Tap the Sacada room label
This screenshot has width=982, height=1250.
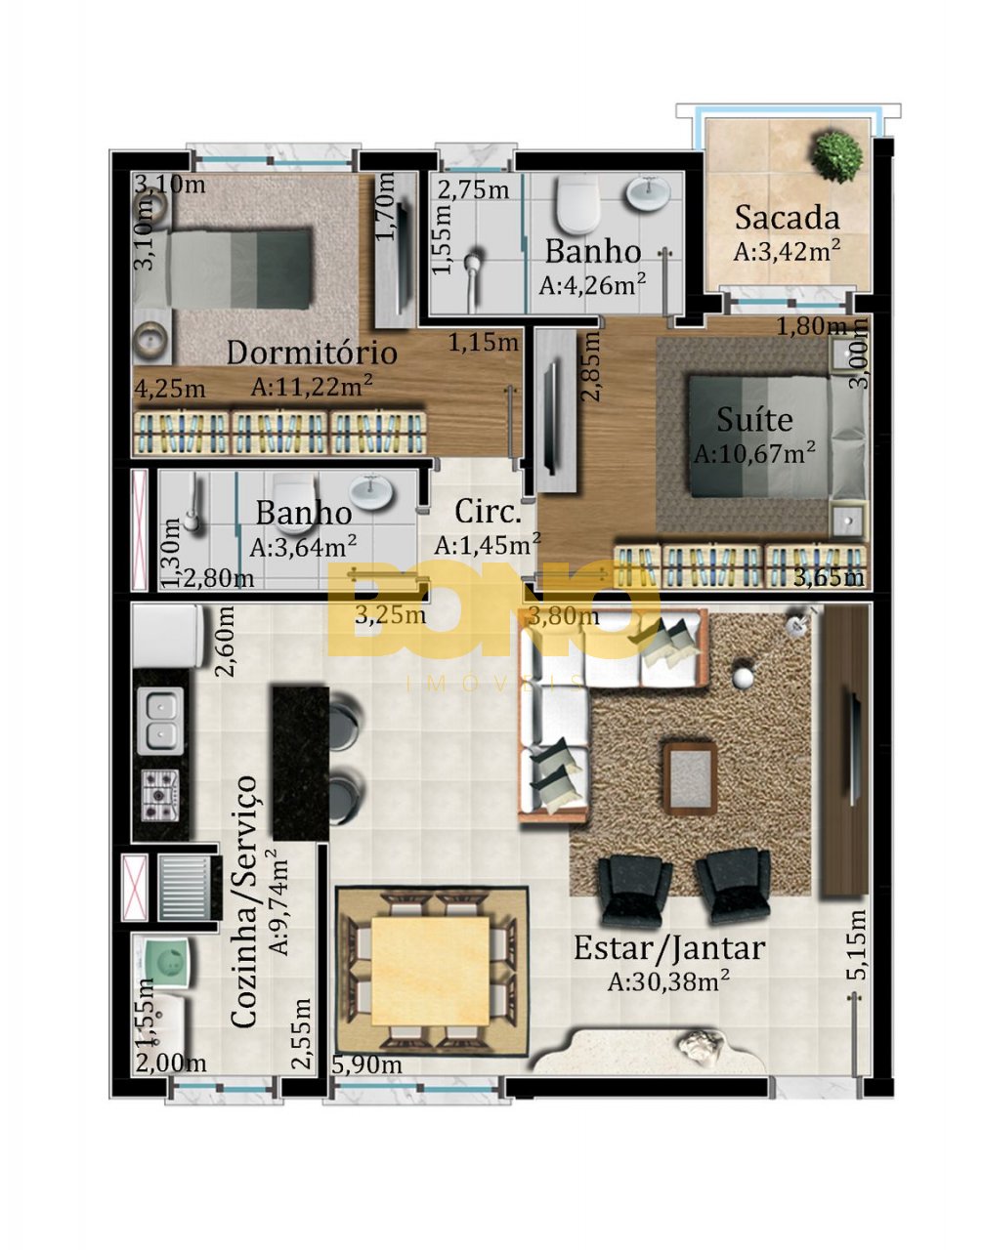coord(787,218)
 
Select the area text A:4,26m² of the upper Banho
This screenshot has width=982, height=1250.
coord(592,285)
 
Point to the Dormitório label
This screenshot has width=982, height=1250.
coord(312,353)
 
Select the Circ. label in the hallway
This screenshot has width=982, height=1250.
coord(488,511)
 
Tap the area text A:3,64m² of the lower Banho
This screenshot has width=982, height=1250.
coord(303,546)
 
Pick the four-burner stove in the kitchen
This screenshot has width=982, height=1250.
coord(160,796)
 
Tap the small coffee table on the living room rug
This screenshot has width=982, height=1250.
coord(691,778)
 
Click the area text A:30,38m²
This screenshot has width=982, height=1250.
coord(668,980)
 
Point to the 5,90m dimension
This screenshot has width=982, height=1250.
coord(366,1064)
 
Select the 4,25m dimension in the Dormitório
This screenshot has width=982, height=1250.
coord(170,389)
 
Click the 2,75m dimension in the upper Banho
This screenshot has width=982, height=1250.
coord(474,189)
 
